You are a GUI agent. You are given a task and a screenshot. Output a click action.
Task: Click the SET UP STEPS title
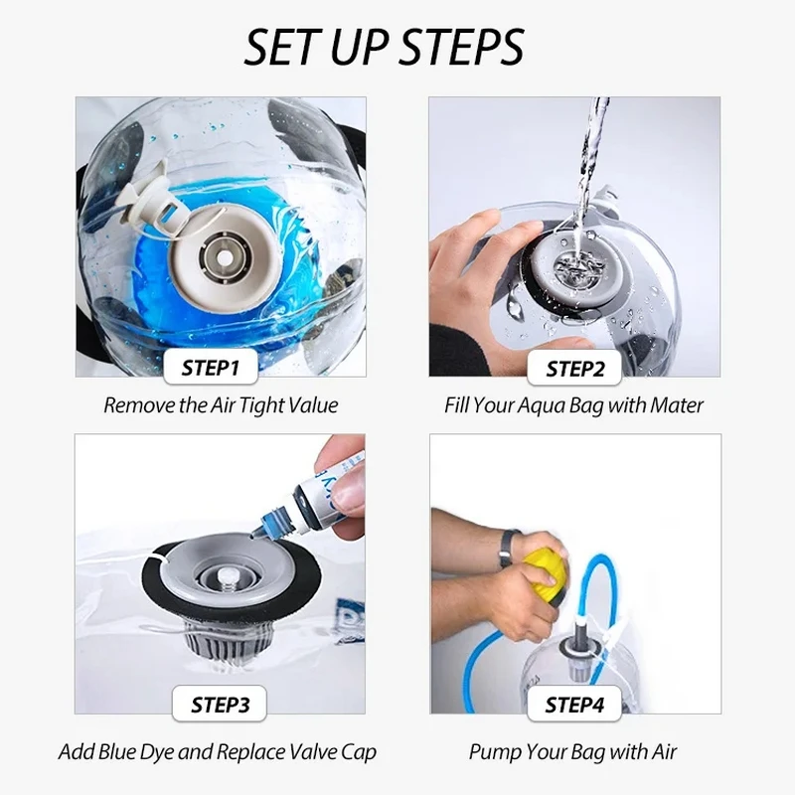pyautogui.click(x=384, y=47)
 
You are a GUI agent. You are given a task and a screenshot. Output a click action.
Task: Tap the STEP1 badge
pyautogui.click(x=211, y=367)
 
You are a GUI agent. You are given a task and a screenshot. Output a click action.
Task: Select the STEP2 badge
pyautogui.click(x=574, y=368)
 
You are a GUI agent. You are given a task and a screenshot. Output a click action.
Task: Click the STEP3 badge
pyautogui.click(x=220, y=704)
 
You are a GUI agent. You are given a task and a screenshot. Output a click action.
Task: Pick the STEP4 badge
pyautogui.click(x=574, y=704)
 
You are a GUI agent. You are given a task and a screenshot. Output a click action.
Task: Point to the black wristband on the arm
pyautogui.click(x=507, y=549)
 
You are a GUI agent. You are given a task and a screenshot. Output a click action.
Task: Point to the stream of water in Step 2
pyautogui.click(x=590, y=167)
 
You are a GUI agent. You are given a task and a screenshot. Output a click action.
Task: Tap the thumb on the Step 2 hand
pyautogui.click(x=538, y=350)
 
